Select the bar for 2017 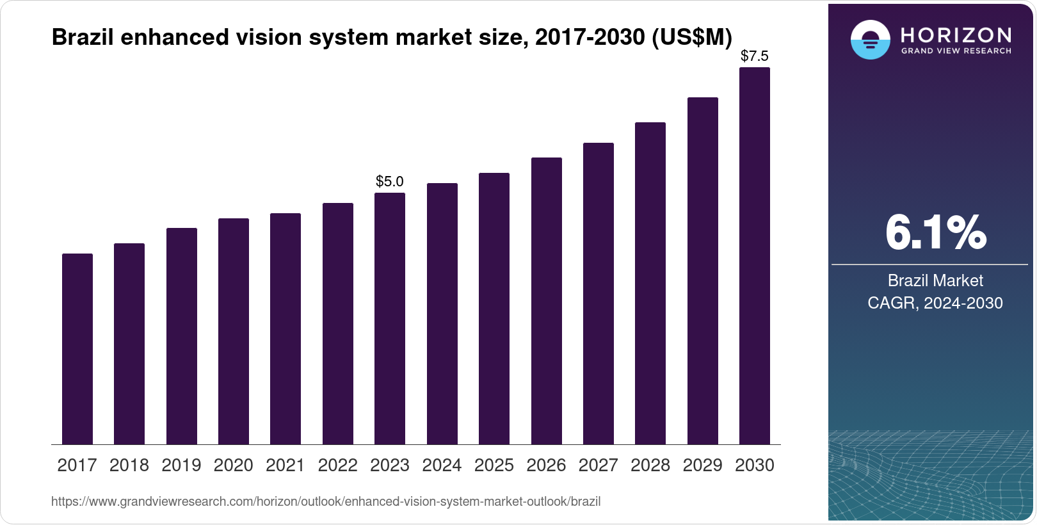coord(77,349)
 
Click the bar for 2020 coord(234,332)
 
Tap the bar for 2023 coord(390,319)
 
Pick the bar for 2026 coord(546,301)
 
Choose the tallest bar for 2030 coord(755,256)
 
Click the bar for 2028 coord(650,284)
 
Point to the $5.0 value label coord(390,182)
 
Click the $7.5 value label coord(755,56)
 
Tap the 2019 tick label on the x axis coord(181,465)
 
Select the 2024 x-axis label coord(442,465)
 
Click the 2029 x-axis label coord(702,465)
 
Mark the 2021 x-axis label coord(285,465)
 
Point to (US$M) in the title coord(691,38)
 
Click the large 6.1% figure coord(935,233)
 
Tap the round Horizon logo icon coord(870,40)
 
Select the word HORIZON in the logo coord(956,35)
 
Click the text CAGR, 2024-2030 coord(935,303)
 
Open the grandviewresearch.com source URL coord(326,502)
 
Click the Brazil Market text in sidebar coord(935,280)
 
